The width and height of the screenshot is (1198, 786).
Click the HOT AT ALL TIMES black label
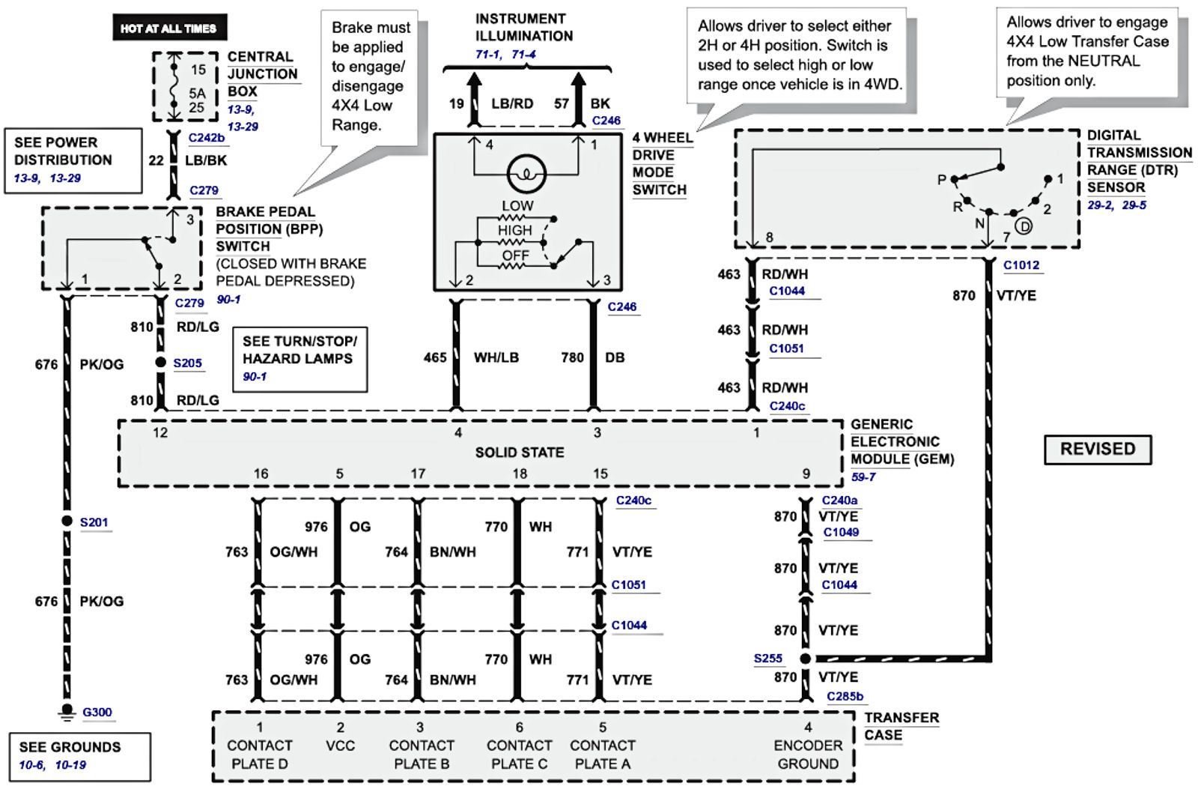(168, 28)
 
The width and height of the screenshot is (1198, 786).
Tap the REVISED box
(1098, 450)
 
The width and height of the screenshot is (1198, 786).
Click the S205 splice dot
(160, 363)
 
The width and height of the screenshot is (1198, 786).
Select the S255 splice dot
(805, 659)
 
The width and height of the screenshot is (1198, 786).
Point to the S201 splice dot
(67, 522)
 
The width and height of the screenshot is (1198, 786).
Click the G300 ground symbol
(67, 711)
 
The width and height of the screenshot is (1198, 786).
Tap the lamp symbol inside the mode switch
(527, 175)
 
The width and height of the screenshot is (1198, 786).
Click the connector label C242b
(207, 138)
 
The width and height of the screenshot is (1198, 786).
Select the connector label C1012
(1021, 265)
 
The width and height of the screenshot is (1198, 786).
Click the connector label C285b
(845, 697)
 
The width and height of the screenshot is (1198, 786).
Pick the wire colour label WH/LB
(496, 358)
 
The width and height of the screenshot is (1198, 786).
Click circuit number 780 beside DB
(573, 358)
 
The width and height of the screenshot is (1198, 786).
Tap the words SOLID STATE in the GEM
(520, 453)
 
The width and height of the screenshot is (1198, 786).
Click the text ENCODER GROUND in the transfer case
(807, 755)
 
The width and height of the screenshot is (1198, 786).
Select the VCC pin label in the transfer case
(340, 746)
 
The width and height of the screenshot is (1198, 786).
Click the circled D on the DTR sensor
(1023, 226)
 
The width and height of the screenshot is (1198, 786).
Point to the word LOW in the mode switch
(517, 205)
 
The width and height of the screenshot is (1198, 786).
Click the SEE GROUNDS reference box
(79, 755)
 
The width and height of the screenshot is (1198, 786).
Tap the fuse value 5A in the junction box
(197, 94)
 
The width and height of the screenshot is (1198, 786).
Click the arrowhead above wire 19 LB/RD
(473, 81)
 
